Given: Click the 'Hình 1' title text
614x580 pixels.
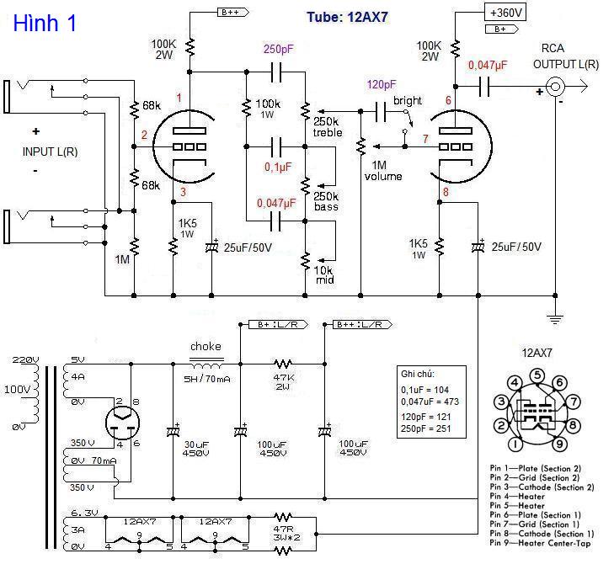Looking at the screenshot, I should [45, 23].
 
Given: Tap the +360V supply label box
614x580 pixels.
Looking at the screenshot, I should [505, 12].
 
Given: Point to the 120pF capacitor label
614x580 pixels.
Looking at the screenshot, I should [382, 85].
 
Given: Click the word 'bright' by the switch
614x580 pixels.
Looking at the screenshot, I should [407, 101].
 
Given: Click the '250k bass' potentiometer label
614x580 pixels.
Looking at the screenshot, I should [326, 202].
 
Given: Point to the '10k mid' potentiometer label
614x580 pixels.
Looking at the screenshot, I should [324, 274].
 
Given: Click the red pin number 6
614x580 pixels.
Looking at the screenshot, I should [448, 101].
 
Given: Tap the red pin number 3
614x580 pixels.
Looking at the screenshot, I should [184, 193].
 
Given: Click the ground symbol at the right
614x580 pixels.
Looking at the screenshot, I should [555, 318].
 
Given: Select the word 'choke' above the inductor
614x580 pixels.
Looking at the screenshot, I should [206, 346].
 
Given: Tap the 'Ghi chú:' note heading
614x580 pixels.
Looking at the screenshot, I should [419, 375].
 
